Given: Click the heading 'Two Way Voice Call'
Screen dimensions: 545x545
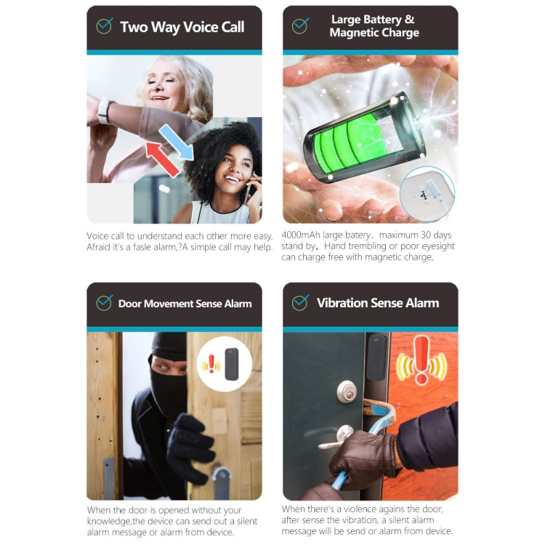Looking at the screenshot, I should (182, 28).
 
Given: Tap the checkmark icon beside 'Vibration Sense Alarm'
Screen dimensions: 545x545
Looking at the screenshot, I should (300, 303).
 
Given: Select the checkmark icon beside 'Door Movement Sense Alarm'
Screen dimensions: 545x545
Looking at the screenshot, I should (104, 303).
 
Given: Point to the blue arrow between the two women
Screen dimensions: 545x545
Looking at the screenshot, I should (177, 141).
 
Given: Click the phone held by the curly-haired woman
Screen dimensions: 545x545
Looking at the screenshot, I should (249, 191).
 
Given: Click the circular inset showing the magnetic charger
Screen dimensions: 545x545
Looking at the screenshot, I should (427, 194).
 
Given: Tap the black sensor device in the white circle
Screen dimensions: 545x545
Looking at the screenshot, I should (233, 365).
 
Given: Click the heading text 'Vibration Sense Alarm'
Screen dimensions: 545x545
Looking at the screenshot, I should (378, 303).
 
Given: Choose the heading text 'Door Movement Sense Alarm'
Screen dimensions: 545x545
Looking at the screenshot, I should (185, 303).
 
